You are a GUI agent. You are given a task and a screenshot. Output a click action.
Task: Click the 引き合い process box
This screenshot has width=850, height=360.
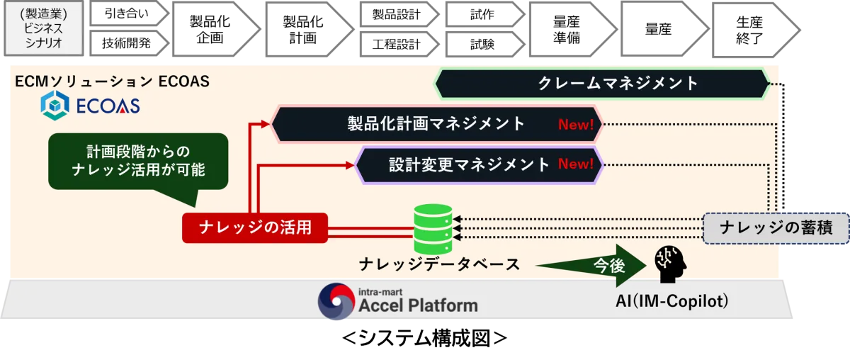point(129,13)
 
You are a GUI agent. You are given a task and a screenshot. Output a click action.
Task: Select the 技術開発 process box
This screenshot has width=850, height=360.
point(129,43)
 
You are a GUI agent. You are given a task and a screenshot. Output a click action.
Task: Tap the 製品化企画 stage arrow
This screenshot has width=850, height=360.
point(216,29)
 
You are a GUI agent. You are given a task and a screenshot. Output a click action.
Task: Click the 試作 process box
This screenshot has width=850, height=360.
point(485,14)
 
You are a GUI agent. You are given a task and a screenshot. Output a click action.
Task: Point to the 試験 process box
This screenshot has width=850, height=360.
point(485,45)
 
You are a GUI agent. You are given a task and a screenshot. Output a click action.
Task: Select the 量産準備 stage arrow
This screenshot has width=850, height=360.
point(573,30)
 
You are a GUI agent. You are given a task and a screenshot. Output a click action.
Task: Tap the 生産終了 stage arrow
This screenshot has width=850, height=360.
point(756,30)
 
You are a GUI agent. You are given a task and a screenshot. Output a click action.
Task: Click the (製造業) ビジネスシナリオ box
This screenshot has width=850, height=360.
point(44,28)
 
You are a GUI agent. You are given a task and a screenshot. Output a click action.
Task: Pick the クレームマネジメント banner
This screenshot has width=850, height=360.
point(602,83)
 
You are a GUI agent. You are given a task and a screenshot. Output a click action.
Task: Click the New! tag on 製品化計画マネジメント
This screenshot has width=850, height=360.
point(576,125)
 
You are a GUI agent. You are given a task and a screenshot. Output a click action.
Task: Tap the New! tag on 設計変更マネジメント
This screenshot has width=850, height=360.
point(576,164)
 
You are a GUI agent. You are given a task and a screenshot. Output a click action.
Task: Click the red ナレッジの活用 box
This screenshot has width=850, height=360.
point(255,228)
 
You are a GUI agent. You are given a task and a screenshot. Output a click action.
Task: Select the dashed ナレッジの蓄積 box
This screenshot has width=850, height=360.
point(776,228)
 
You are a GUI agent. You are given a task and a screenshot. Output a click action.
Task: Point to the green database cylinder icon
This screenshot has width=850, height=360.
point(433,229)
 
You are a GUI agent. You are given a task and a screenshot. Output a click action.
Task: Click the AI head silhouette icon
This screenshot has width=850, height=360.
point(670,264)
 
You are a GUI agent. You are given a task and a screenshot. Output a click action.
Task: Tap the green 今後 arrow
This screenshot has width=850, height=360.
point(592,266)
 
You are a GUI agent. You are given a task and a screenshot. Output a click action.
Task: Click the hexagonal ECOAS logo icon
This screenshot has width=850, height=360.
point(55,105)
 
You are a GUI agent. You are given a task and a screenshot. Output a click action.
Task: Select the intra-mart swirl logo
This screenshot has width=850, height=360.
point(336,301)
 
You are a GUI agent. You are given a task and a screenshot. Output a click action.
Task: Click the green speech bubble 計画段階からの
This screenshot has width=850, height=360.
point(138,161)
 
